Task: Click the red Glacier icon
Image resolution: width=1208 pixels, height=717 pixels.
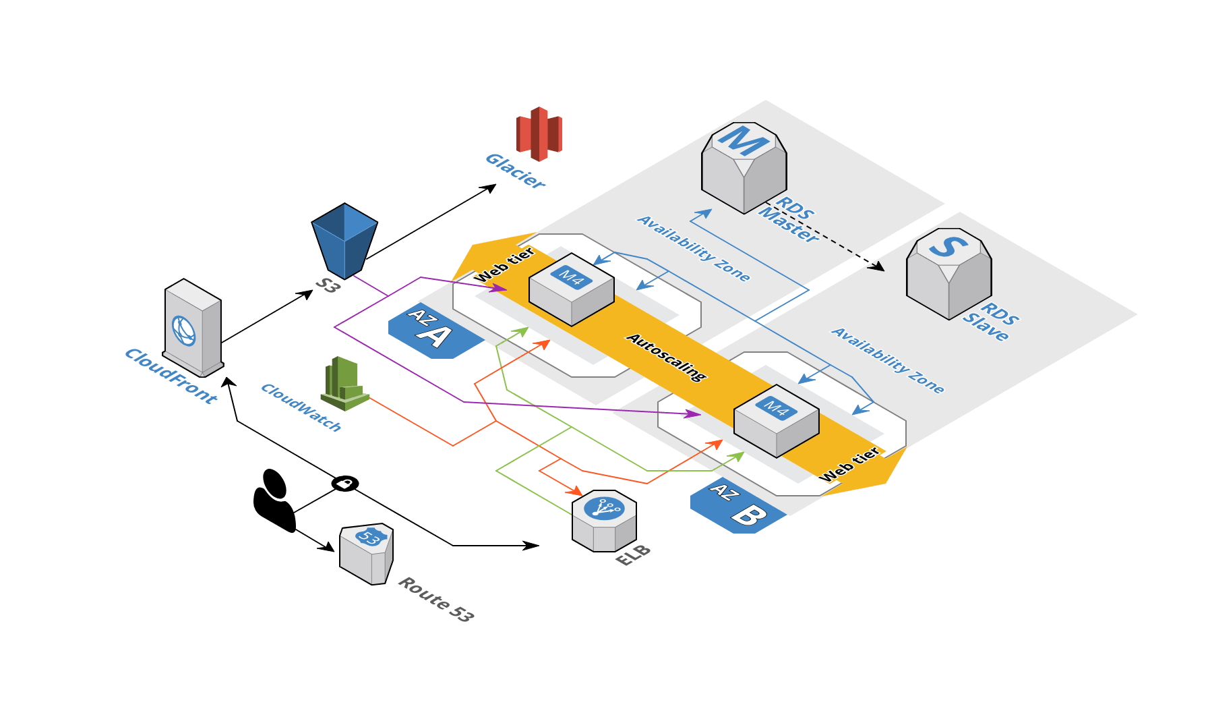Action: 538,134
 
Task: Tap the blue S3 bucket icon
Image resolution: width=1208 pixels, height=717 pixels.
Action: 344,240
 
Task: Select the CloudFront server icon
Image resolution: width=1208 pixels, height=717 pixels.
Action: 193,328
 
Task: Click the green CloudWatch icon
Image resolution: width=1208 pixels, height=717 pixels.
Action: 344,384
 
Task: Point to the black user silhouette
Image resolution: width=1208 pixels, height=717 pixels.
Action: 274,500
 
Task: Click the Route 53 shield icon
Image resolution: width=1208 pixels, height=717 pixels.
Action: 367,554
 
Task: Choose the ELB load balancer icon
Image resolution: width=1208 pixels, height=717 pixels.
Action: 604,520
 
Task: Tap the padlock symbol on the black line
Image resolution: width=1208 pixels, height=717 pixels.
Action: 344,484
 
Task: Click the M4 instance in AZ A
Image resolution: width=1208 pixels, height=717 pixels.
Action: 572,289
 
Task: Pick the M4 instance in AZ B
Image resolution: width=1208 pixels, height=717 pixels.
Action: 776,420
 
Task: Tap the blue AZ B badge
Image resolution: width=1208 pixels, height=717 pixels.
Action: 736,507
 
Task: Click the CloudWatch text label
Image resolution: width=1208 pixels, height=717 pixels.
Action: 301,407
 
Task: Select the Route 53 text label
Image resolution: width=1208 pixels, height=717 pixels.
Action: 435,598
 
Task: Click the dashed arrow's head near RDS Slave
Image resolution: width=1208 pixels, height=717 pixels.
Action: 877,266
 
